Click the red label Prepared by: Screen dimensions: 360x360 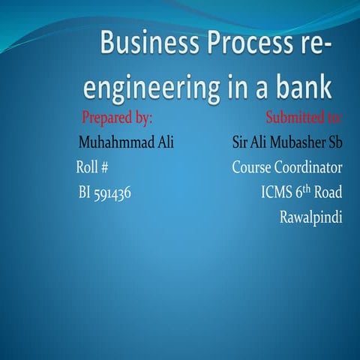click(117, 118)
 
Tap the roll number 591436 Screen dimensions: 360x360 click(112, 193)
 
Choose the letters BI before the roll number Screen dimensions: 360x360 click(84, 193)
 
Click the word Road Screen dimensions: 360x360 click(328, 193)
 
